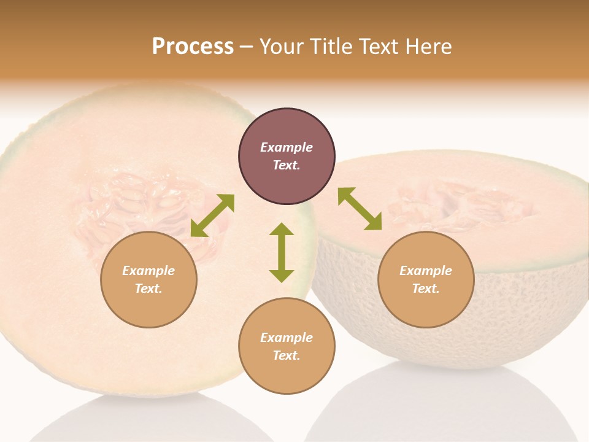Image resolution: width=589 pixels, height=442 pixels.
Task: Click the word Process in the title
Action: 193,47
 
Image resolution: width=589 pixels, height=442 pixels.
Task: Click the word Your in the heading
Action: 282,47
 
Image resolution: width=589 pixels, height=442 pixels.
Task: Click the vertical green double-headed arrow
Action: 282,252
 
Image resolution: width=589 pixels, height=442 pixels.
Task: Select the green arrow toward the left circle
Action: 212,215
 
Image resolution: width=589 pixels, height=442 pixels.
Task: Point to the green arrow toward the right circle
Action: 360,209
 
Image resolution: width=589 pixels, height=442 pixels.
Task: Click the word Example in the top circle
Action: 287,147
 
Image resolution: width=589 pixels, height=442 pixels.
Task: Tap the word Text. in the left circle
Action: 148,289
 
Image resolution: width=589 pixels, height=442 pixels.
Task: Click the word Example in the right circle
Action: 426,271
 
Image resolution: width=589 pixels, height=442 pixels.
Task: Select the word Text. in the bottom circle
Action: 287,355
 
